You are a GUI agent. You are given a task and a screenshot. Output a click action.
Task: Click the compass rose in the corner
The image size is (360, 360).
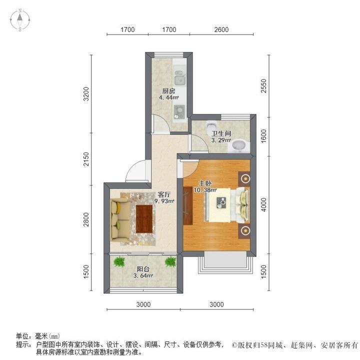coord(20,20)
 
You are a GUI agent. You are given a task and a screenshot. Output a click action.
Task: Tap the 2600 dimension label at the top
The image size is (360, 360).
coord(221,29)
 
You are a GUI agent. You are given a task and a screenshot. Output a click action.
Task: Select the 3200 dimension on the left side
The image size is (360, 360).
coord(86,93)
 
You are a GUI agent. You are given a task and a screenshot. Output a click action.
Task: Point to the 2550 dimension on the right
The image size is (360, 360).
coord(264,86)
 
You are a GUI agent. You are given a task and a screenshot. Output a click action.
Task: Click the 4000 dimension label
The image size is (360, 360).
coord(264,205)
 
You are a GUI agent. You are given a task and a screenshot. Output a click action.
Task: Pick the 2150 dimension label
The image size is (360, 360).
coord(86,159)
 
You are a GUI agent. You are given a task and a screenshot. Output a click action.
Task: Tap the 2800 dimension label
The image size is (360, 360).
coord(86,219)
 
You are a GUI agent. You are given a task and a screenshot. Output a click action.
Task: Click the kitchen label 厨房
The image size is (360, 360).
coord(169,91)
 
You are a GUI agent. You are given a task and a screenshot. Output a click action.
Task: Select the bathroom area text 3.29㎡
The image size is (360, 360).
coord(221,140)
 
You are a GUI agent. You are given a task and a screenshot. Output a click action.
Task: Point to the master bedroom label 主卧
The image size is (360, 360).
coord(205,183)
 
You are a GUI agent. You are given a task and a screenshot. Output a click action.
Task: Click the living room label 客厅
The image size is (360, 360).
coord(164,194)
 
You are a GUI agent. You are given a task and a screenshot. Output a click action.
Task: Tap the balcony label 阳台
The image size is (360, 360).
coord(143,269)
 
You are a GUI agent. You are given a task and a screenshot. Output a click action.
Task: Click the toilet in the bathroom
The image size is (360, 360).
coord(211,127)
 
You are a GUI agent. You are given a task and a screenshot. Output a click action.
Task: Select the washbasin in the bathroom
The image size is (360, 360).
coord(239,146)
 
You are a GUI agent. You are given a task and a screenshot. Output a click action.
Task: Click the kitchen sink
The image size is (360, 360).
coord(180,78)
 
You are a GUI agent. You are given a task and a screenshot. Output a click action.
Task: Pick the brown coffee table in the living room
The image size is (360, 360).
coord(144,219)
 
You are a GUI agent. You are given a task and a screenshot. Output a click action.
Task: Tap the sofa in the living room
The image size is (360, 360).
coord(120,219)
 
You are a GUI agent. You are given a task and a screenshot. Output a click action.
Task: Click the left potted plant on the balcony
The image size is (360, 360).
coord(119,261)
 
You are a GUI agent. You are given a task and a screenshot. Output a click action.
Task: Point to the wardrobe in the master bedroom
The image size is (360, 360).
coord(188,206)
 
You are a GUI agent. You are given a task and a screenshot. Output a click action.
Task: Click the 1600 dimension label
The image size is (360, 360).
coord(264,136)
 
